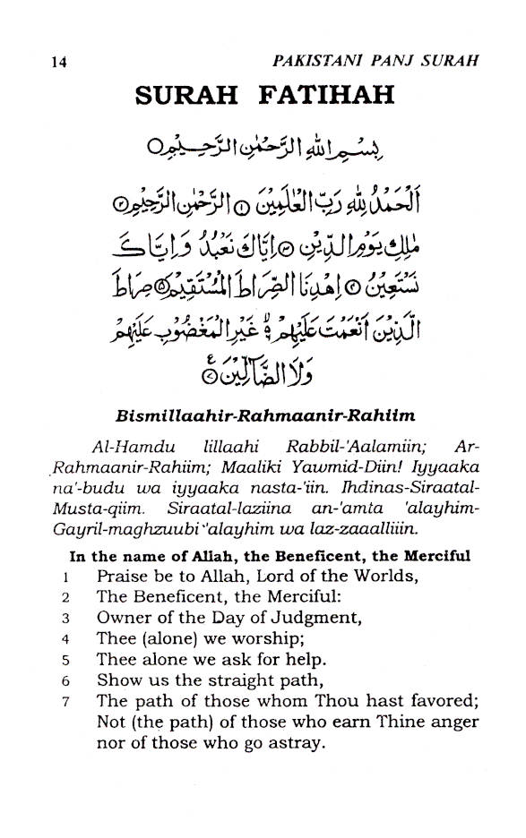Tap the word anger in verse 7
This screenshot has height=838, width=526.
453,723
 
